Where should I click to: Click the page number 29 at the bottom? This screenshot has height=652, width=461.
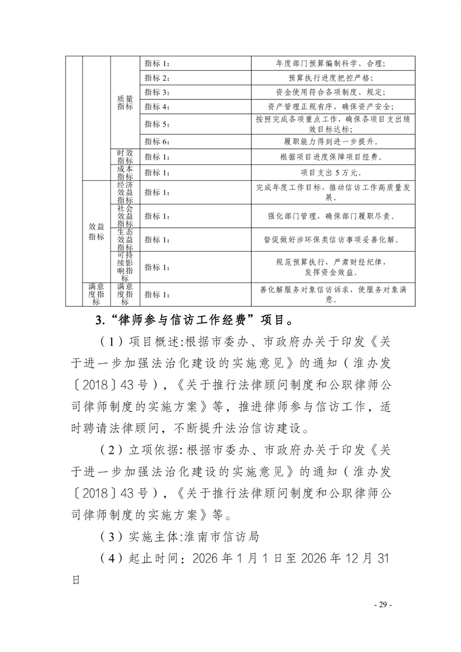pos(383,604)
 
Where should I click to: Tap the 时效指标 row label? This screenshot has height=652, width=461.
pos(125,157)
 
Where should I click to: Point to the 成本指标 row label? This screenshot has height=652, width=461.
pos(125,173)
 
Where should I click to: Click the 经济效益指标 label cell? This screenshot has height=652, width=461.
pos(125,192)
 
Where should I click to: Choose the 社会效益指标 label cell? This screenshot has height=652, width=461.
pos(125,216)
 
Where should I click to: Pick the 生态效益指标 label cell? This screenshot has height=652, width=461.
pos(125,239)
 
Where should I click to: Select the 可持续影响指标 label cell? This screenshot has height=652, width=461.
pos(125,267)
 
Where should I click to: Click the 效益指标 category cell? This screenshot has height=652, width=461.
pos(97,232)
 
